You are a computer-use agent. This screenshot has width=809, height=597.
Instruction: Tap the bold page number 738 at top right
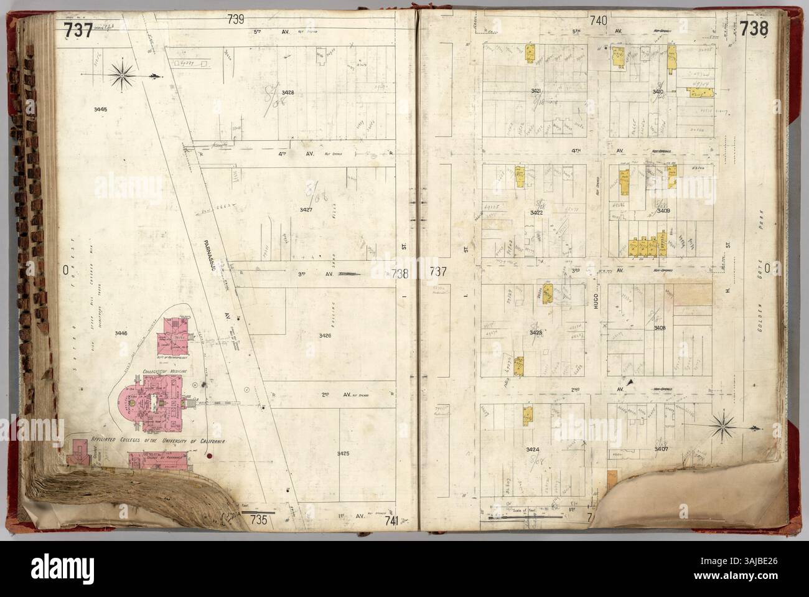(754, 29)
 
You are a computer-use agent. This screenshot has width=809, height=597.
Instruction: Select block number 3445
(101, 110)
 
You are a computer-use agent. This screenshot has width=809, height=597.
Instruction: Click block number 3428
(288, 93)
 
